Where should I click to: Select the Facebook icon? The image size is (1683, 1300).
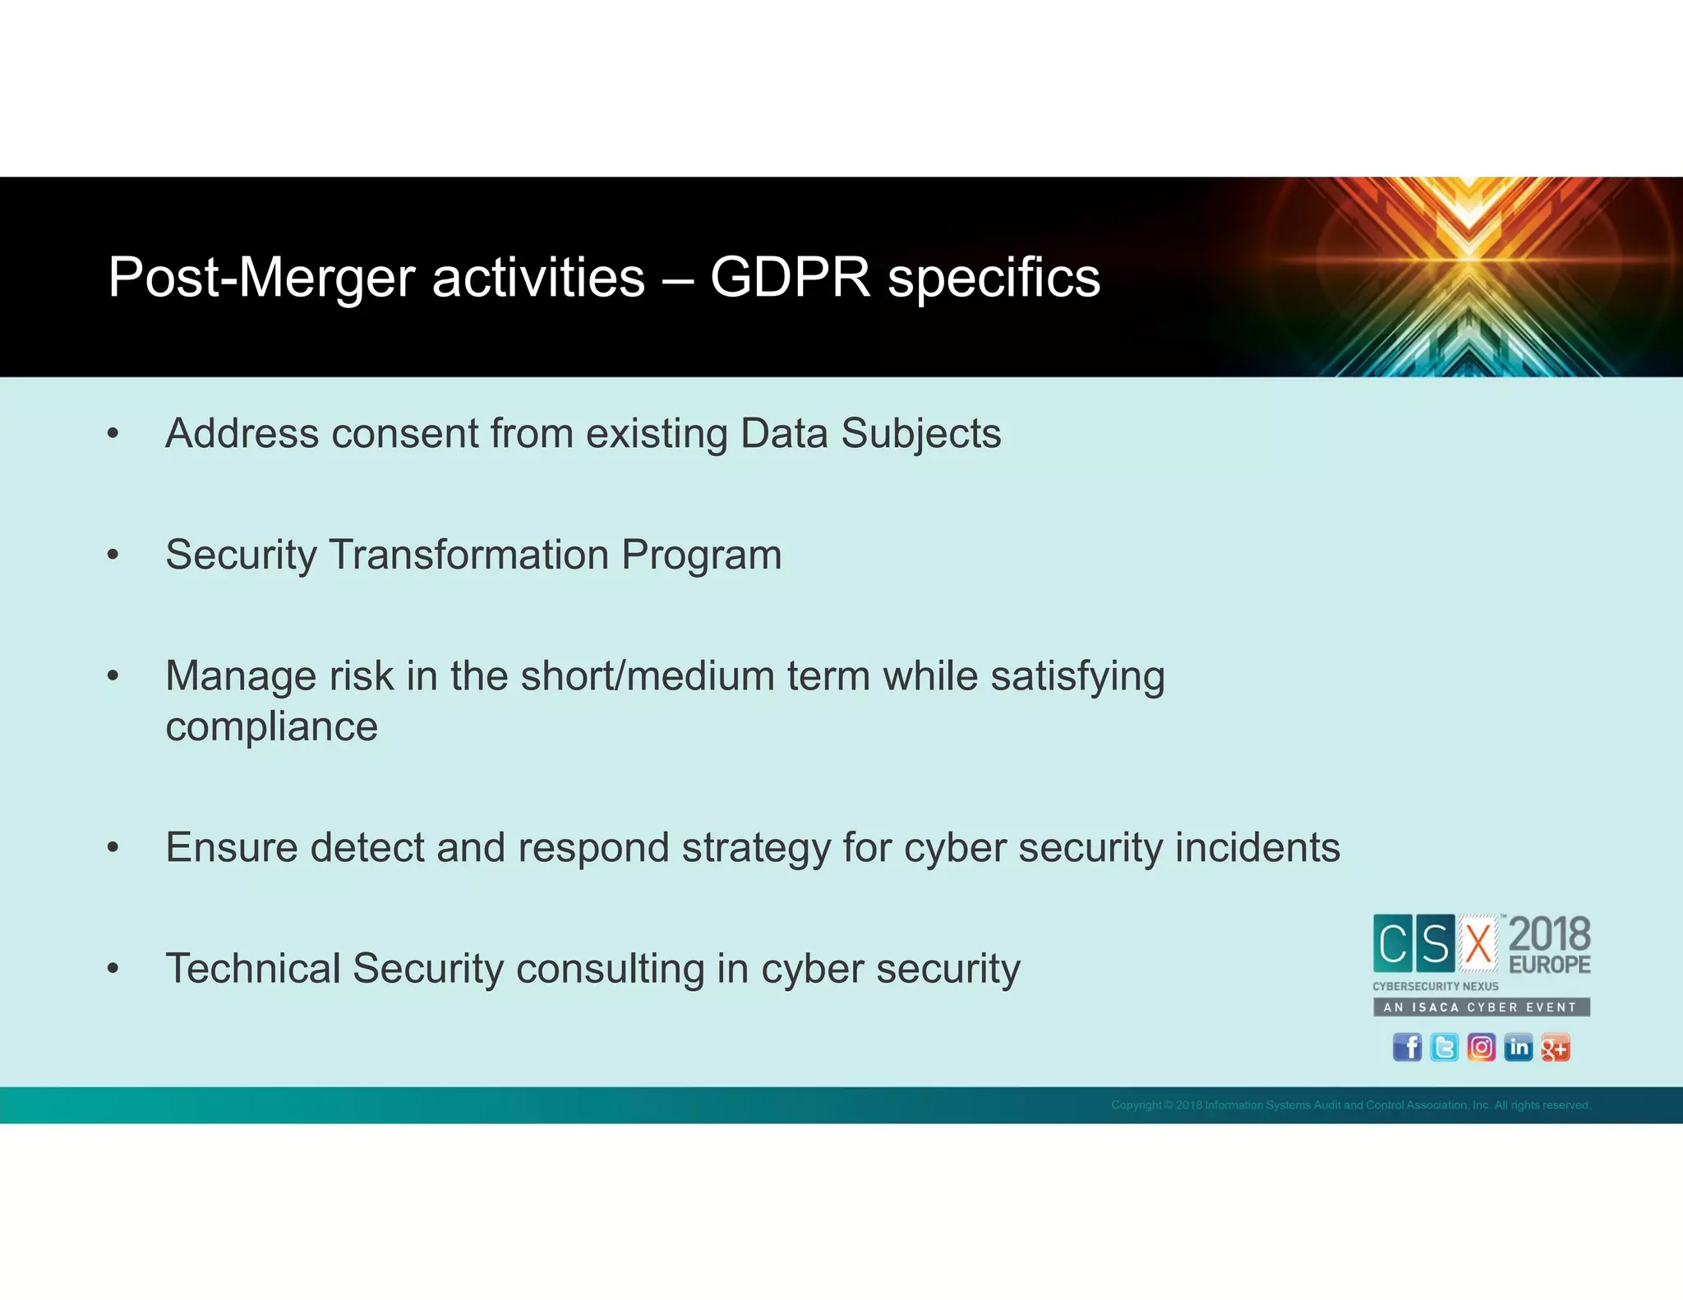coord(1407,1048)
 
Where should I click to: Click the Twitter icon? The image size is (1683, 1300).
coord(1444,1048)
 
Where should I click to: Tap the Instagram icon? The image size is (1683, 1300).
coord(1481,1048)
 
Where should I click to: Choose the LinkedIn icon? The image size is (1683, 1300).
coord(1518,1048)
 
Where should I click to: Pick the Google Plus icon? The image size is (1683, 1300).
coord(1555,1048)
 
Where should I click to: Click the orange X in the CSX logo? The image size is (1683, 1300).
coord(1478,943)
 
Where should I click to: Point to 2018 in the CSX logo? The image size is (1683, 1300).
coord(1549,934)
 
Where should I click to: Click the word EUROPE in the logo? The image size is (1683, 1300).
coord(1549,964)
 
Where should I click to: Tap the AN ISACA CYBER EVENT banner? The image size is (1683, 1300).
coord(1481,1007)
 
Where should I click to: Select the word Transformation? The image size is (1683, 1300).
coord(468,555)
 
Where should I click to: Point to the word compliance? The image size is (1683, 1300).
coord(271,727)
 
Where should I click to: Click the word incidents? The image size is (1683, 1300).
coord(1257,847)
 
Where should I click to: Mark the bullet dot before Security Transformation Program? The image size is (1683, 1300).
coord(113,555)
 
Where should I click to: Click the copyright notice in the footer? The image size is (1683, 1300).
coord(1350,1105)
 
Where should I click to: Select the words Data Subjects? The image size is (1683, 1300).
coord(870,433)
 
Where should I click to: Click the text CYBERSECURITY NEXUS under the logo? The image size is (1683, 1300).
coord(1435,986)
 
